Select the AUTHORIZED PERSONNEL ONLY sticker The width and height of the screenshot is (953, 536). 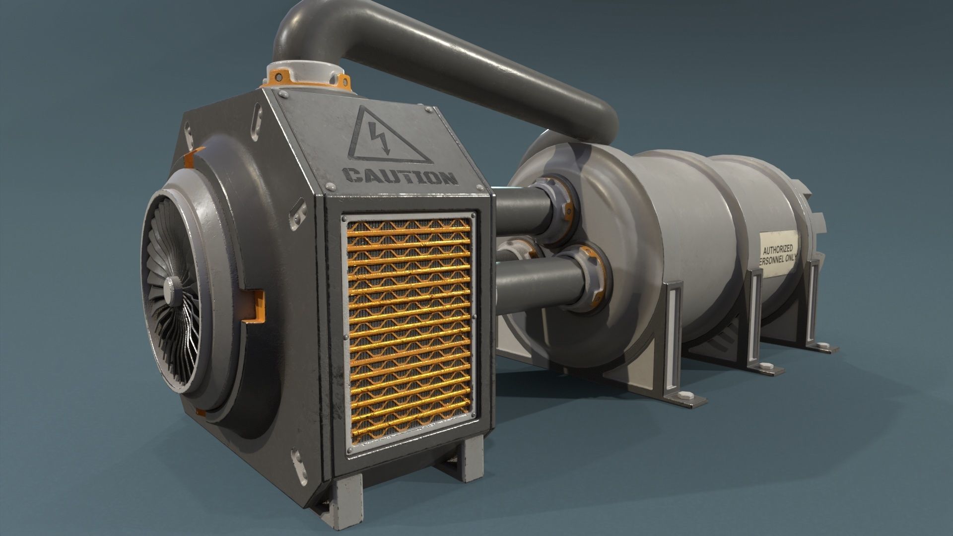point(779,255)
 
